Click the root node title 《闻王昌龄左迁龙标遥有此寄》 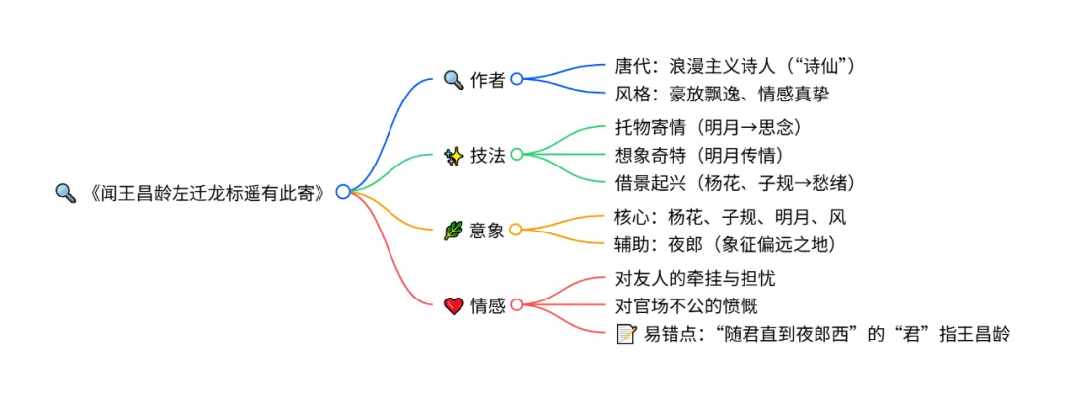(204, 192)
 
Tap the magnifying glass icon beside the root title (65, 192)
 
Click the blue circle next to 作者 (516, 79)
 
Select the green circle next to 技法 (516, 154)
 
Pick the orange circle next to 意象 (516, 230)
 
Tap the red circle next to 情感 (516, 305)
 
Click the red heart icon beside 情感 (454, 305)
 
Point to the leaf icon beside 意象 (454, 230)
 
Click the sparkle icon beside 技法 (454, 155)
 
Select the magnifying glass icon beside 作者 (454, 79)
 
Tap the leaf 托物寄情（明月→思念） (707, 128)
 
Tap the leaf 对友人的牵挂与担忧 (695, 279)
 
